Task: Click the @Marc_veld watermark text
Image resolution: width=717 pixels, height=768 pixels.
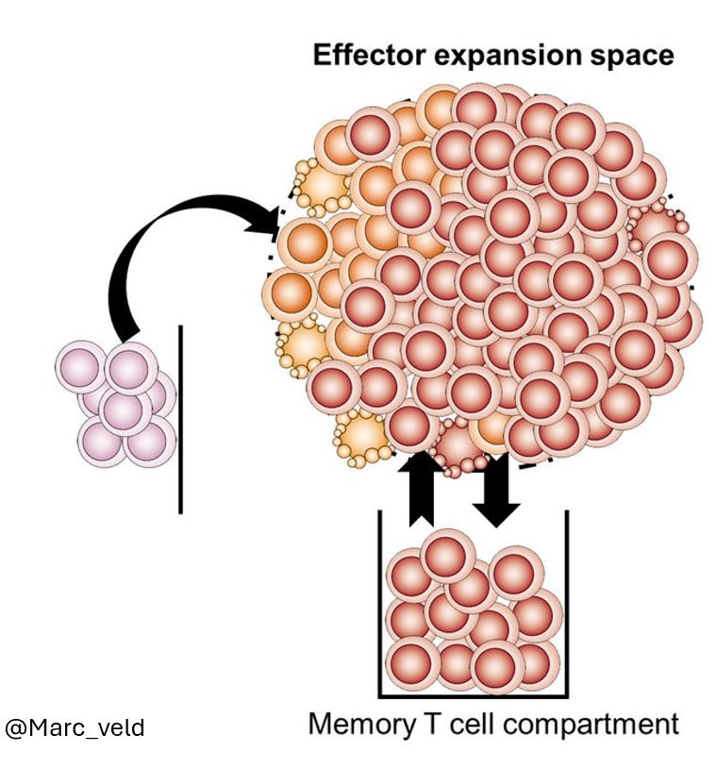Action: coord(75,728)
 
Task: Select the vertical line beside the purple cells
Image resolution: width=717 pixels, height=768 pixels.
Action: coord(180,419)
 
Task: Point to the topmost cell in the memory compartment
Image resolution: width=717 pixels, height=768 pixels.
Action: coord(449,558)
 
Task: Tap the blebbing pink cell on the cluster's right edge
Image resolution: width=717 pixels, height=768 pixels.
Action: coord(657,226)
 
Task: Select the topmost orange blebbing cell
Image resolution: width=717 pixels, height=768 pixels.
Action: coord(323,186)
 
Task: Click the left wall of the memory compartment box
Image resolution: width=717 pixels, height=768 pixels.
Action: coord(380,604)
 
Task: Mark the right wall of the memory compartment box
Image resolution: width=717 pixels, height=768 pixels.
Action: coord(567,604)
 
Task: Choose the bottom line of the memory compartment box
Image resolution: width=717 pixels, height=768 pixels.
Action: coord(474,696)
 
